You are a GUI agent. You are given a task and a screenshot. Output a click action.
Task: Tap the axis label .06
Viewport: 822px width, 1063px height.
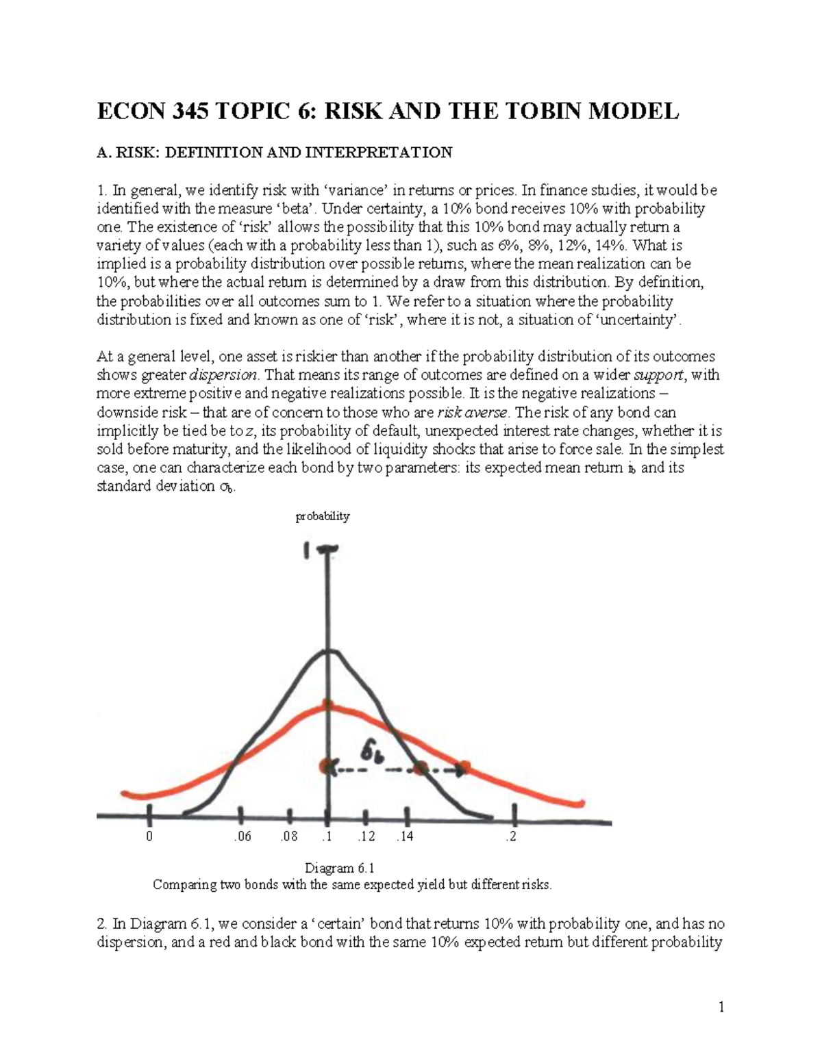242,836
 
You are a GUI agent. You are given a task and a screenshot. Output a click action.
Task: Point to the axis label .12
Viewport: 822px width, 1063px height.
366,836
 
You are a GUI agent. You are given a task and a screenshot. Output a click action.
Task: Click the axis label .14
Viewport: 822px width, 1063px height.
405,836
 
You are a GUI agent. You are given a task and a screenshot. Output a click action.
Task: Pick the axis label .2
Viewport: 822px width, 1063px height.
510,836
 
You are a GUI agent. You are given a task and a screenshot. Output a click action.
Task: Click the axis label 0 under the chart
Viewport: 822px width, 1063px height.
149,836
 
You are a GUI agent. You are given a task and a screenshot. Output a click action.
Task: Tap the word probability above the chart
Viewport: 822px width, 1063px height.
323,517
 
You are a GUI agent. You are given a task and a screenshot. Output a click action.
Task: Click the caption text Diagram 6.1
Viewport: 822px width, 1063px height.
340,869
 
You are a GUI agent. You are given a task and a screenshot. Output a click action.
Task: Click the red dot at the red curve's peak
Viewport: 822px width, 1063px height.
328,705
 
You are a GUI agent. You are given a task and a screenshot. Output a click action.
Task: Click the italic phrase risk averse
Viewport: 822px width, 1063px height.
473,412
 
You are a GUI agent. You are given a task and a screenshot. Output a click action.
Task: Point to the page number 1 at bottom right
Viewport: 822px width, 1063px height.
721,1007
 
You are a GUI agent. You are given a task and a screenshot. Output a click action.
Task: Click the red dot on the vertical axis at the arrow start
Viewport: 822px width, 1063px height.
327,767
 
